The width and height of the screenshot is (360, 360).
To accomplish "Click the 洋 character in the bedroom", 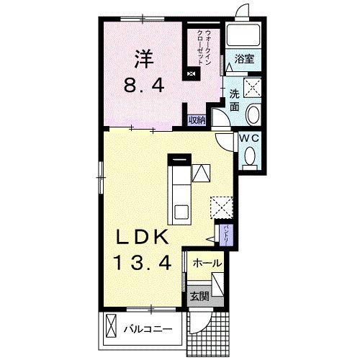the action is click(144, 59).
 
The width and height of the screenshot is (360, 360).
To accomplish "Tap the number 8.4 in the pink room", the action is click(144, 86).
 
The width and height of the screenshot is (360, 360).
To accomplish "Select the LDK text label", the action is click(142, 237).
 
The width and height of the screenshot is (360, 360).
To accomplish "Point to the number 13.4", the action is click(144, 262).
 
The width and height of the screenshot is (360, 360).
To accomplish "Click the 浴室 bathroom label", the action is click(244, 59).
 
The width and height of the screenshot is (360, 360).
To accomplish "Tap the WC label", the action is click(250, 138).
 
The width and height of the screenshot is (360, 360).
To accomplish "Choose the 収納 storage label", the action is click(197, 120).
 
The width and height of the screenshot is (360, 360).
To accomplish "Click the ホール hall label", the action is click(207, 264).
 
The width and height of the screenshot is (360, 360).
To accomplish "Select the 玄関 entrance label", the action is click(199, 297).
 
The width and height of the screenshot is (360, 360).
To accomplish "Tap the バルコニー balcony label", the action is click(148, 329).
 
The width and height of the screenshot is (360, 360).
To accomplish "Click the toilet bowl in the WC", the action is click(250, 156).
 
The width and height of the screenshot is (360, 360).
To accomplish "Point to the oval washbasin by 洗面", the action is click(253, 114).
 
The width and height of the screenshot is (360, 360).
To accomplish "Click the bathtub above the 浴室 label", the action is click(244, 35).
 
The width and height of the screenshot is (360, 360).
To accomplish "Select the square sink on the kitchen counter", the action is click(181, 212).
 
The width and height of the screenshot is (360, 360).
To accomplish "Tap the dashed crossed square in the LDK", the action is click(222, 207).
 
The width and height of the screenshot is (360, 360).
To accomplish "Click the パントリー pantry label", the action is click(226, 235).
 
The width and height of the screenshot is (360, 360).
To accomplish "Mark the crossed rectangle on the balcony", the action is click(111, 326).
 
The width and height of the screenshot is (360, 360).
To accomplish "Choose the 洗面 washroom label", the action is click(235, 101).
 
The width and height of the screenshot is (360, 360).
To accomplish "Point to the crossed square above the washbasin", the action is click(253, 87).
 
